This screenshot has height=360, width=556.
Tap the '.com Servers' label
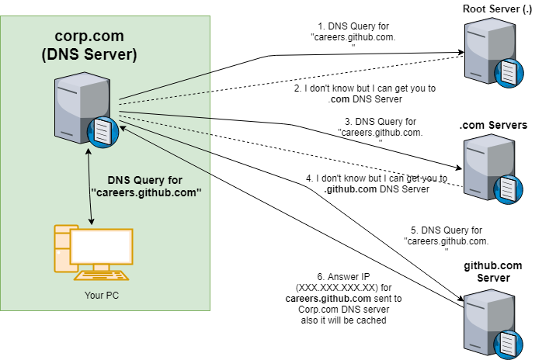pyautogui.click(x=493, y=125)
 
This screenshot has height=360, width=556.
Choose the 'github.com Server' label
pyautogui.click(x=493, y=272)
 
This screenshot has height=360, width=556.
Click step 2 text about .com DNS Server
pyautogui.click(x=364, y=94)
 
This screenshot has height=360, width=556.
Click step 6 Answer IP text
pyautogui.click(x=344, y=298)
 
